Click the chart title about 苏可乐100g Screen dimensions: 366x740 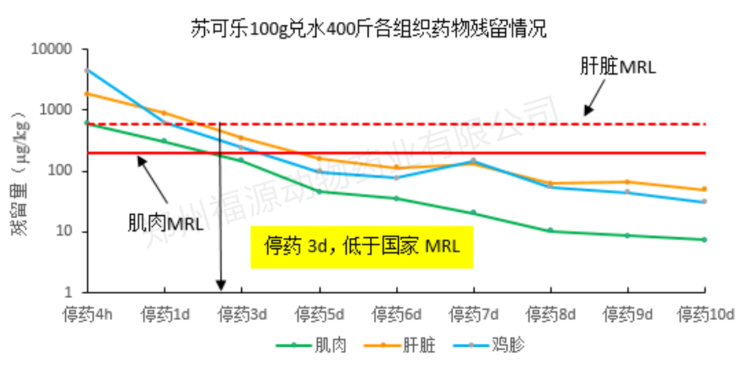coord(370,29)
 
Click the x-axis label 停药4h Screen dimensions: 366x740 coord(87,316)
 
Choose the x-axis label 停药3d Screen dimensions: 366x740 coord(242,316)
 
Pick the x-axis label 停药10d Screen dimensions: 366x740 coord(705,316)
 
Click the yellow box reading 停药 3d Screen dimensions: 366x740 coord(362,247)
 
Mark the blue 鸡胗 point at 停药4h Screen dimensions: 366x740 coord(87,70)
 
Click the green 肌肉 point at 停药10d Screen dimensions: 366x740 coord(704,239)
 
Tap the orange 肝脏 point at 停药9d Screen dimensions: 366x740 coord(628,182)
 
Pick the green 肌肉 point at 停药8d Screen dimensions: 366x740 coord(550,230)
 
